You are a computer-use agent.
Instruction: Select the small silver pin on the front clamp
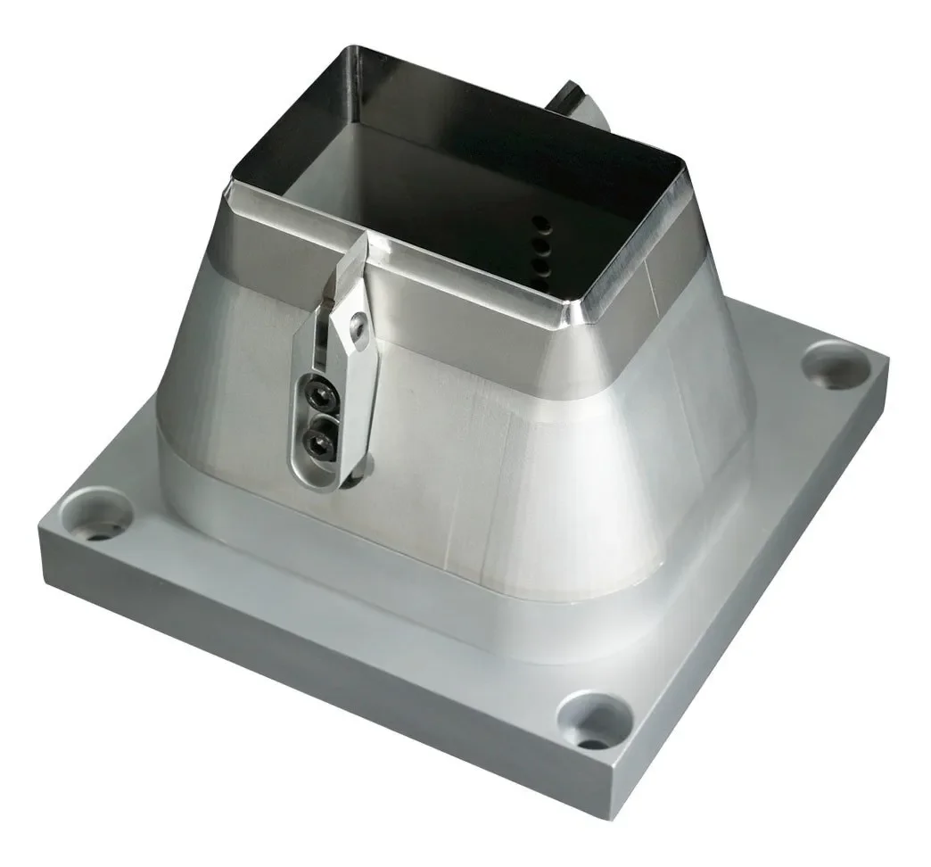point(358,328)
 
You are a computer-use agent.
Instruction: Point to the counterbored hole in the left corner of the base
point(96,515)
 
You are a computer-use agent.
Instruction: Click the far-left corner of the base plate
point(41,532)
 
